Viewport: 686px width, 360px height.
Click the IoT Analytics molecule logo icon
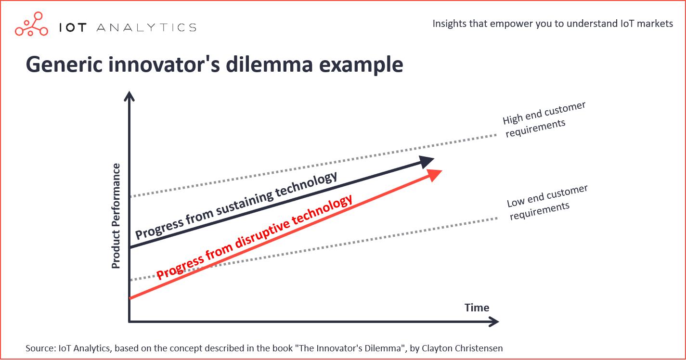click(32, 24)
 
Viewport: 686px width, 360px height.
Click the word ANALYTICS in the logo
click(146, 27)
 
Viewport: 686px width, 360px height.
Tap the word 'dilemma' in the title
click(270, 64)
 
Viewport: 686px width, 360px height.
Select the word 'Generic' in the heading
click(64, 64)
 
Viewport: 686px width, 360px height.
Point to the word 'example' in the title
click(361, 66)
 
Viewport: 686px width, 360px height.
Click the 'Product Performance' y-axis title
click(116, 216)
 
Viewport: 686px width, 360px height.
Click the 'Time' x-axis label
click(477, 308)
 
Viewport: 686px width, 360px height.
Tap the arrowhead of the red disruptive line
click(434, 175)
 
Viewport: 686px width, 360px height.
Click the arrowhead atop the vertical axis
click(129, 96)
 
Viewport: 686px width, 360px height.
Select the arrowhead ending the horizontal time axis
click(493, 321)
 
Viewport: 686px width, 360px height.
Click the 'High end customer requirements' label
click(544, 120)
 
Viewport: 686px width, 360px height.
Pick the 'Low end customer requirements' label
click(547, 202)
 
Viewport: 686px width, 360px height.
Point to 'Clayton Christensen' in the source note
click(462, 348)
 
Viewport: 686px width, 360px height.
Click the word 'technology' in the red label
click(322, 210)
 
